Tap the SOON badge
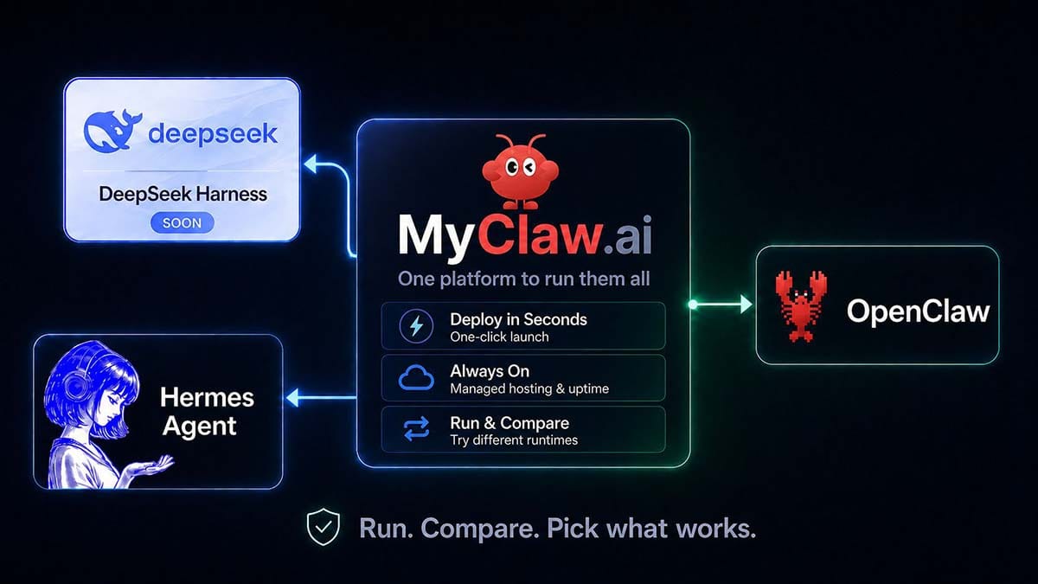[x=183, y=223]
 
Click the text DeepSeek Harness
[x=183, y=194]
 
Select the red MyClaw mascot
[x=520, y=171]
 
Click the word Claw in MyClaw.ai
[x=537, y=236]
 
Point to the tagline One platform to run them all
[x=523, y=279]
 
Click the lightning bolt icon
[x=416, y=326]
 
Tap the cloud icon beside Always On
[x=416, y=377]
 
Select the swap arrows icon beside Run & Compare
[x=416, y=429]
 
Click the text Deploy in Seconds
[x=518, y=319]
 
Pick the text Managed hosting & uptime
[x=529, y=388]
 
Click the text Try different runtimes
[x=514, y=440]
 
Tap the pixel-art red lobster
[x=801, y=306]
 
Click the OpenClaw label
[x=918, y=311]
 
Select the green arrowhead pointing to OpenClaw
[x=746, y=305]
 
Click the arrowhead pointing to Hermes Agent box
[x=292, y=398]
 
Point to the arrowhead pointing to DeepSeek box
[x=310, y=164]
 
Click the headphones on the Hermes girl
[x=74, y=386]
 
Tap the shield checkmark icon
[x=323, y=527]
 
